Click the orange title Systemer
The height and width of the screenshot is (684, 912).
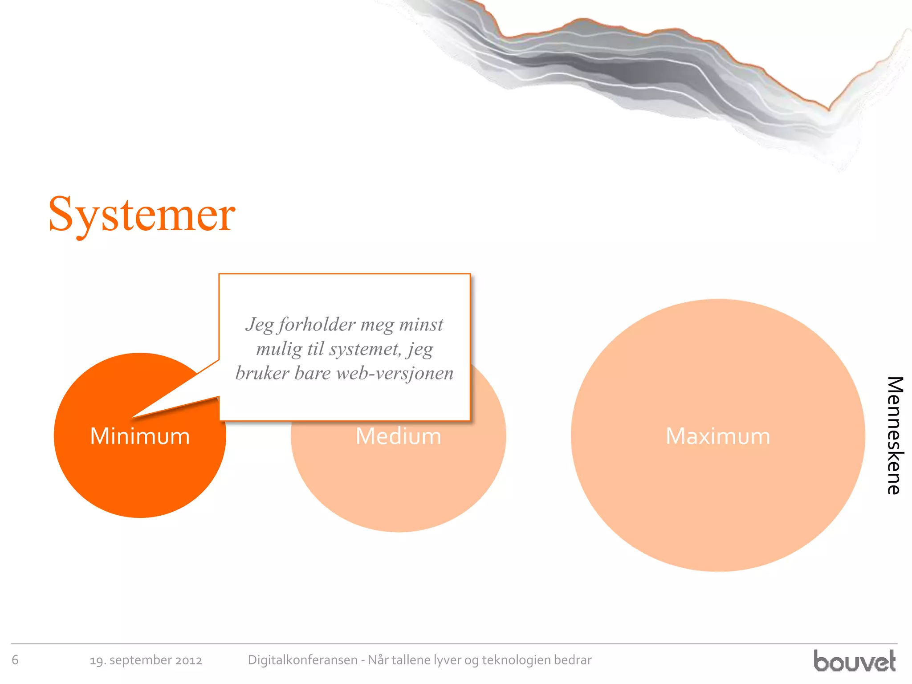click(142, 215)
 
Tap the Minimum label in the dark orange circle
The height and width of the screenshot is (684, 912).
click(140, 436)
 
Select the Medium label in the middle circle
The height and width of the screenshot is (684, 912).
click(398, 436)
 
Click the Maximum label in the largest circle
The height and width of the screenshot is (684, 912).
click(718, 436)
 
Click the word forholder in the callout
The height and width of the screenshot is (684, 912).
click(317, 325)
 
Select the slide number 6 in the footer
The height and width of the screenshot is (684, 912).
click(15, 660)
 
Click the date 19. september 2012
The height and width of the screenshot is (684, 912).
click(146, 660)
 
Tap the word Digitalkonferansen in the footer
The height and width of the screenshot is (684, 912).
click(302, 660)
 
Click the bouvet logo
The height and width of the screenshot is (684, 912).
click(854, 661)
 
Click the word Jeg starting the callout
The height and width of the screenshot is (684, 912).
click(260, 325)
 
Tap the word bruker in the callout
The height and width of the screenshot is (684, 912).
click(262, 373)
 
